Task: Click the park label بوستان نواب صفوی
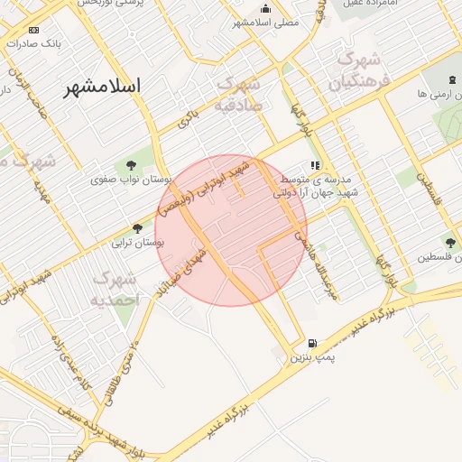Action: click(127, 180)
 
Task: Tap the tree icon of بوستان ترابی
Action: click(137, 228)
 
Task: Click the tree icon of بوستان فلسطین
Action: click(449, 242)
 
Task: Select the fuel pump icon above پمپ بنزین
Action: click(312, 343)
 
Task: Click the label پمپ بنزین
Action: click(312, 357)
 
